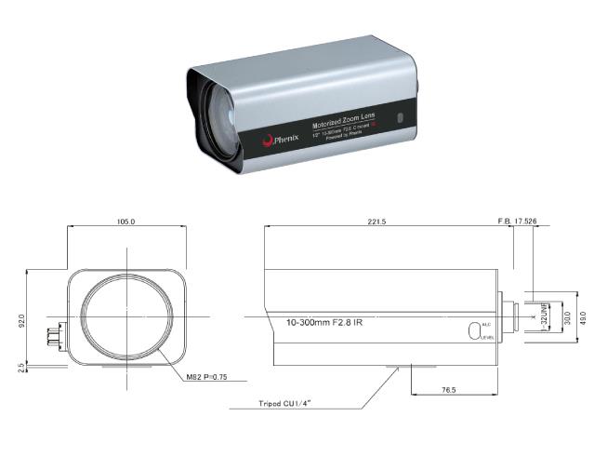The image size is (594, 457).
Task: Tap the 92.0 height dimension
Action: (x=21, y=320)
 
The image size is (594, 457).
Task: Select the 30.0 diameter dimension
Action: (x=568, y=318)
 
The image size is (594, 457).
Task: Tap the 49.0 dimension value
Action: (x=583, y=318)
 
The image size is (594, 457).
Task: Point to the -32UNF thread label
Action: (x=543, y=318)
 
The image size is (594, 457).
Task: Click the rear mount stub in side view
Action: (x=508, y=317)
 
